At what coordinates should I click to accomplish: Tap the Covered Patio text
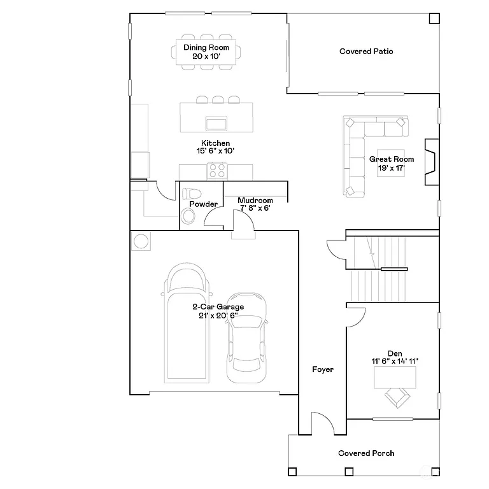coord(365,51)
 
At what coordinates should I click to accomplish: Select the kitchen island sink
coord(217,122)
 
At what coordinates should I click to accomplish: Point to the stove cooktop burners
coord(216,171)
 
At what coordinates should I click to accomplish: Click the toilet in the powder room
coord(191,193)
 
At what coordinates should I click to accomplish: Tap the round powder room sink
coord(189,217)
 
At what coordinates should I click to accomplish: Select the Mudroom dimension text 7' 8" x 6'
coord(255,208)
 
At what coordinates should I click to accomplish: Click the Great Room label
coord(392,159)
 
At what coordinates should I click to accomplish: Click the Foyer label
coord(323,369)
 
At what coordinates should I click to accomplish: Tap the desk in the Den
coord(395,377)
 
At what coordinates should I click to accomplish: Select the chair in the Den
coord(397,398)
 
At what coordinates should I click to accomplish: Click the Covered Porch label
coord(365,453)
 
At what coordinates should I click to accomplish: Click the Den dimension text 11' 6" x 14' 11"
coord(395,361)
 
